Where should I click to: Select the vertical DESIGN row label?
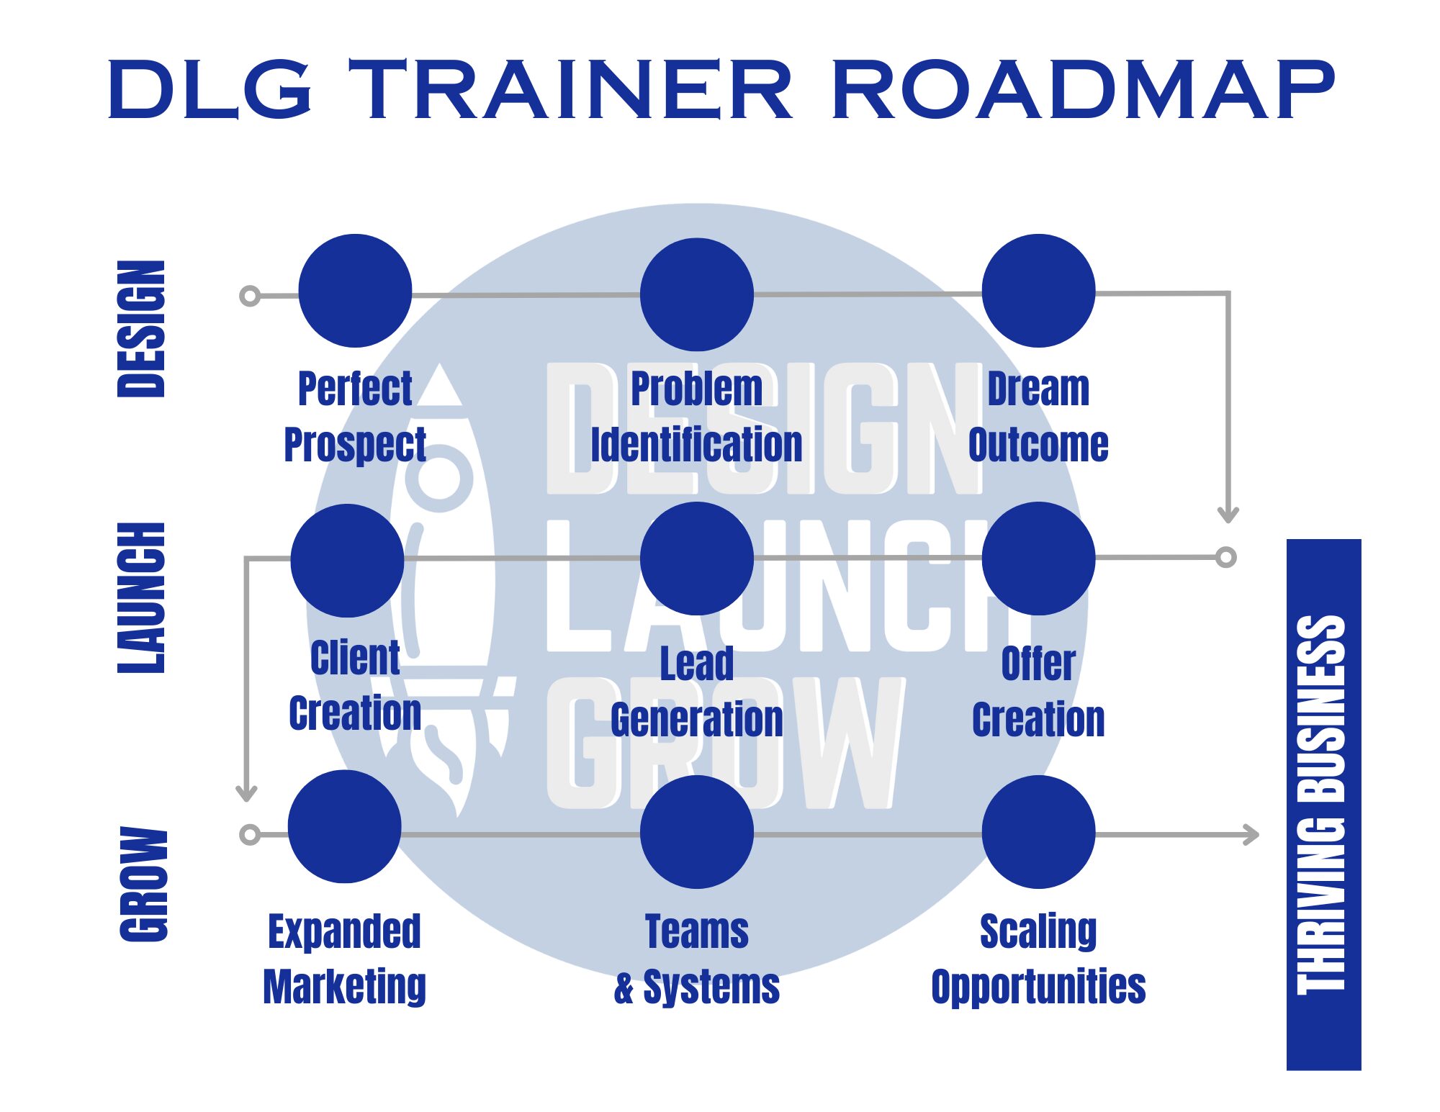[141, 329]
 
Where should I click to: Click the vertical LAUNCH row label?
[141, 598]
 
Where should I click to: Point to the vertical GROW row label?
[143, 885]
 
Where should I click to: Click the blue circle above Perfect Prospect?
[355, 291]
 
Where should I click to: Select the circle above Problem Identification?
[697, 294]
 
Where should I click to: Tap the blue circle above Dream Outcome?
[1038, 291]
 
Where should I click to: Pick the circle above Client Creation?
[347, 560]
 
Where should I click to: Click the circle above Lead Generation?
[697, 559]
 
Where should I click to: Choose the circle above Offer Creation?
[1038, 559]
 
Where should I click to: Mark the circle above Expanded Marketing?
[344, 826]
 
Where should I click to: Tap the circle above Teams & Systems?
[697, 832]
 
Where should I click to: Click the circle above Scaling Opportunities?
[1038, 832]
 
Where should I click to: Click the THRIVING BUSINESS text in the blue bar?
[1322, 805]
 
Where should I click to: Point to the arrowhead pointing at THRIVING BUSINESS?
[1252, 835]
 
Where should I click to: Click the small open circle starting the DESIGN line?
[250, 296]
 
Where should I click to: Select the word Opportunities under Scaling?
[1038, 987]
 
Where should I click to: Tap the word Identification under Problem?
[696, 444]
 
